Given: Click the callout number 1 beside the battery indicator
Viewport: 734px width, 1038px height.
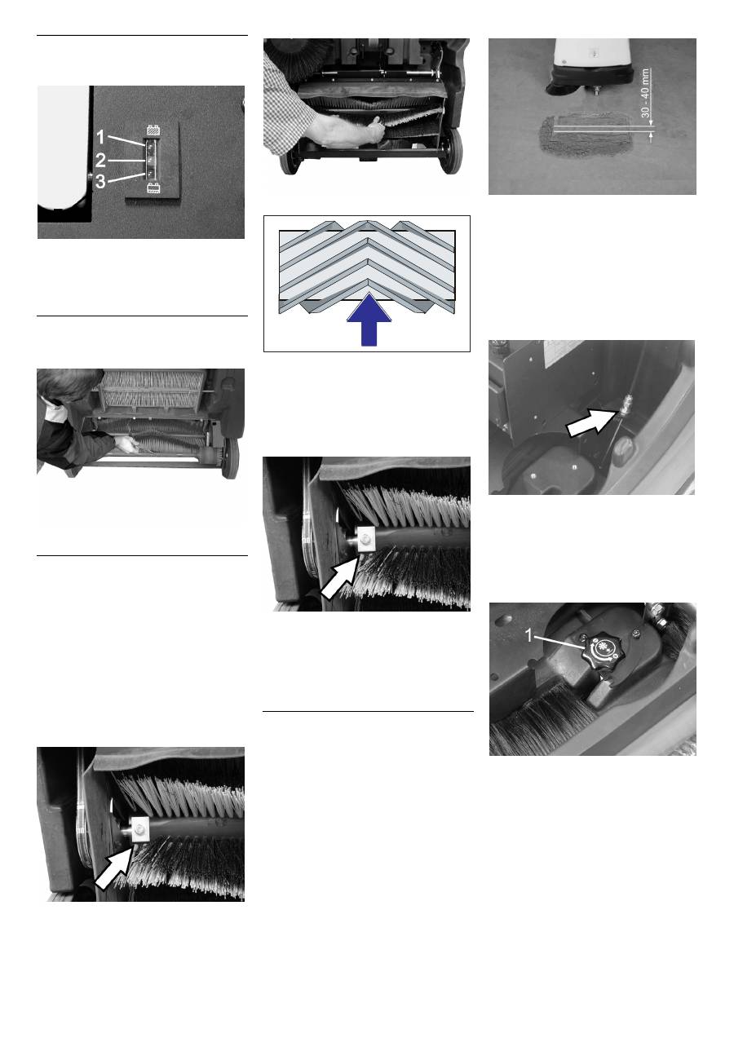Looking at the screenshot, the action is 100,137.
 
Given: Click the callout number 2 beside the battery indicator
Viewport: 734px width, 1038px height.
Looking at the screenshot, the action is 100,161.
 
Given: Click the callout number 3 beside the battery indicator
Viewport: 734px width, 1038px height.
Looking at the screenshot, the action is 100,182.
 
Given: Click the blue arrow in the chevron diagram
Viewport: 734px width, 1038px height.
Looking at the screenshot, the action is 369,319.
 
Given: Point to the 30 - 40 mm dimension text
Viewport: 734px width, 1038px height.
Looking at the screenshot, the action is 646,94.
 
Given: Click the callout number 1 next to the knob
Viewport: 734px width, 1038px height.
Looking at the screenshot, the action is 529,635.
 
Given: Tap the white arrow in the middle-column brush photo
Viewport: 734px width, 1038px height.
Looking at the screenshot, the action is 339,580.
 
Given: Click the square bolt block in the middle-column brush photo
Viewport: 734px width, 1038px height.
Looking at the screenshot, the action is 366,539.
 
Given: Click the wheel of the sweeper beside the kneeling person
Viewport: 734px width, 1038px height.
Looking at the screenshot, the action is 230,459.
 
